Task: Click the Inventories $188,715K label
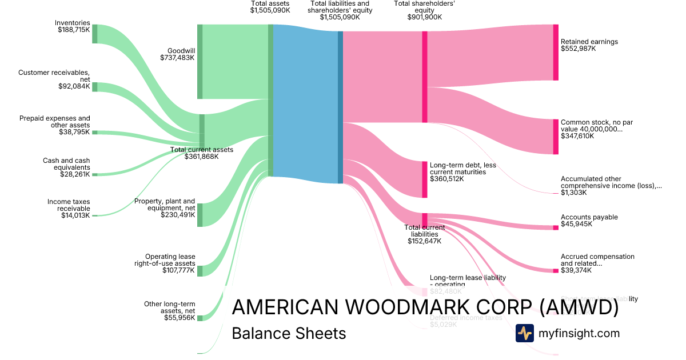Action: pyautogui.click(x=73, y=26)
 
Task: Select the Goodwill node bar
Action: pyautogui.click(x=200, y=62)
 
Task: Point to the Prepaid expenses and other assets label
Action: pyautogui.click(x=55, y=125)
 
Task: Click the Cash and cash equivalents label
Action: pyautogui.click(x=66, y=167)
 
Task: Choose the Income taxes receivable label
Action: pyautogui.click(x=69, y=209)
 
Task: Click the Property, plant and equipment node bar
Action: pyautogui.click(x=200, y=215)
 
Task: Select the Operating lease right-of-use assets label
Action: pyautogui.click(x=170, y=263)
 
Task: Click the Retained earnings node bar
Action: pyautogui.click(x=556, y=53)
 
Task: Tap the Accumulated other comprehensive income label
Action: pyautogui.click(x=611, y=186)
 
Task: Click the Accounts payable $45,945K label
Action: pyautogui.click(x=589, y=221)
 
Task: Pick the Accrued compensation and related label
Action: pyautogui.click(x=597, y=263)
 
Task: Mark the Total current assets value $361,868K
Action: pyautogui.click(x=201, y=157)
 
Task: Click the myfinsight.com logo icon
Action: pyautogui.click(x=524, y=333)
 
